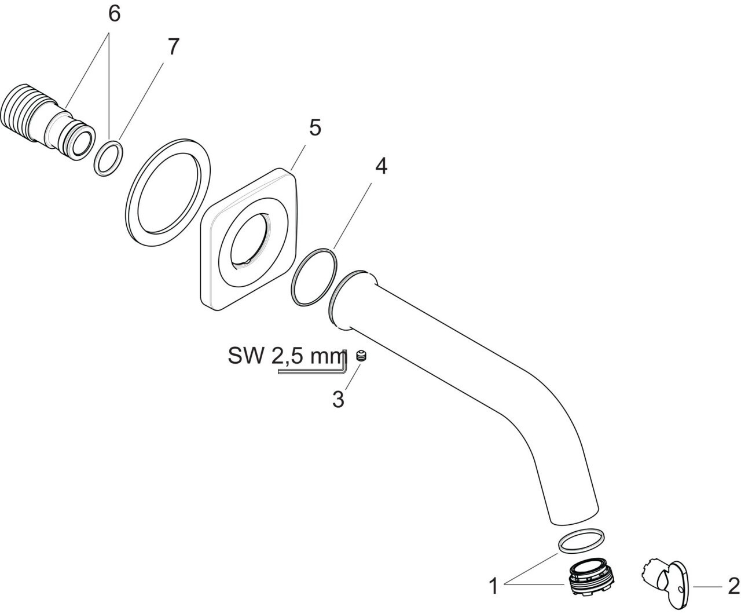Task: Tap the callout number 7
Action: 173,47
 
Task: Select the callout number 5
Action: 314,127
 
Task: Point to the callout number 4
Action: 380,166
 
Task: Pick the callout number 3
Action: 339,399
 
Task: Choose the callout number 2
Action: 733,586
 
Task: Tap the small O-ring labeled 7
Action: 109,155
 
